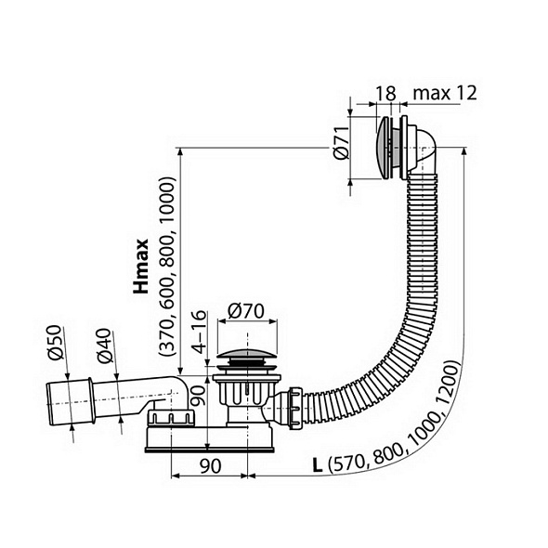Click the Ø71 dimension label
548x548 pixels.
(342, 143)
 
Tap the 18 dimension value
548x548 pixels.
(385, 94)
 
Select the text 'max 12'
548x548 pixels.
(445, 93)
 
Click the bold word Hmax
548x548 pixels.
(141, 266)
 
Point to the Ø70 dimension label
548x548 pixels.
(246, 311)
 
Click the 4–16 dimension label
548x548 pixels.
(200, 332)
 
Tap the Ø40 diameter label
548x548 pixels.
(104, 346)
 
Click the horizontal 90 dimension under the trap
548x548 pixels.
(211, 466)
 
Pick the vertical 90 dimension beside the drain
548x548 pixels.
(200, 396)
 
